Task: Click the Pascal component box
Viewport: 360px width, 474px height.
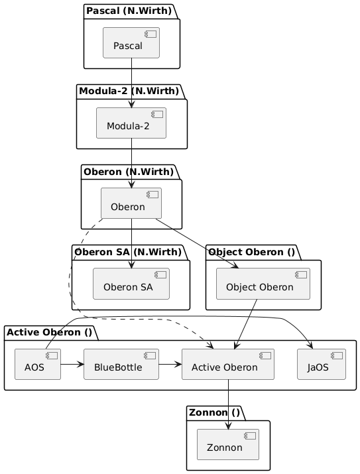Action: pos(131,42)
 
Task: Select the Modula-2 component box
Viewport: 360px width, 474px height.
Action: pos(131,123)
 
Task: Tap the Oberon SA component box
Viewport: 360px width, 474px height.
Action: pos(131,284)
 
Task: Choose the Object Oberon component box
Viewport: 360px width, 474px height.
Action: pos(263,284)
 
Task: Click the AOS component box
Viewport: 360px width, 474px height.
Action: pos(38,364)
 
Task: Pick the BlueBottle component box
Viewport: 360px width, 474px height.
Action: pos(121,364)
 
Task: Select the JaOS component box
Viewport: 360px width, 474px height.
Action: pos(322,364)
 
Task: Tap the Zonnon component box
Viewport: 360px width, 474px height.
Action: pos(228,444)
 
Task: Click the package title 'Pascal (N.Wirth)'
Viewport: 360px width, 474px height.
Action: pos(129,11)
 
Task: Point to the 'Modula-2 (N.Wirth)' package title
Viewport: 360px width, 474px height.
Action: pos(129,91)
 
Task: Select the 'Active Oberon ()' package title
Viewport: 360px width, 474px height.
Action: pos(49,332)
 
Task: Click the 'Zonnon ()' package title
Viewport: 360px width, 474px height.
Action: pos(214,412)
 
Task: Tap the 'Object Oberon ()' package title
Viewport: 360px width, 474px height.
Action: pos(251,252)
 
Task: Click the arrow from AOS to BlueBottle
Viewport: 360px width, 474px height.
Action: pos(72,364)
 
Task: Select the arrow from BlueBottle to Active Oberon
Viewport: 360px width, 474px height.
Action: pos(170,364)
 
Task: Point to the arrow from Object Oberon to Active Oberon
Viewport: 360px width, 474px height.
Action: pos(246,324)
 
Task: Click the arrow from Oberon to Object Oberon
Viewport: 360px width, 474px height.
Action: pos(197,243)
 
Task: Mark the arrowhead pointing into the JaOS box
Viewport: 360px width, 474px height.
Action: pos(310,345)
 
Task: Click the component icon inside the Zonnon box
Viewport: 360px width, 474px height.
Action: pos(250,436)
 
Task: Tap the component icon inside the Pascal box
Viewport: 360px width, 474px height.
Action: pos(150,34)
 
